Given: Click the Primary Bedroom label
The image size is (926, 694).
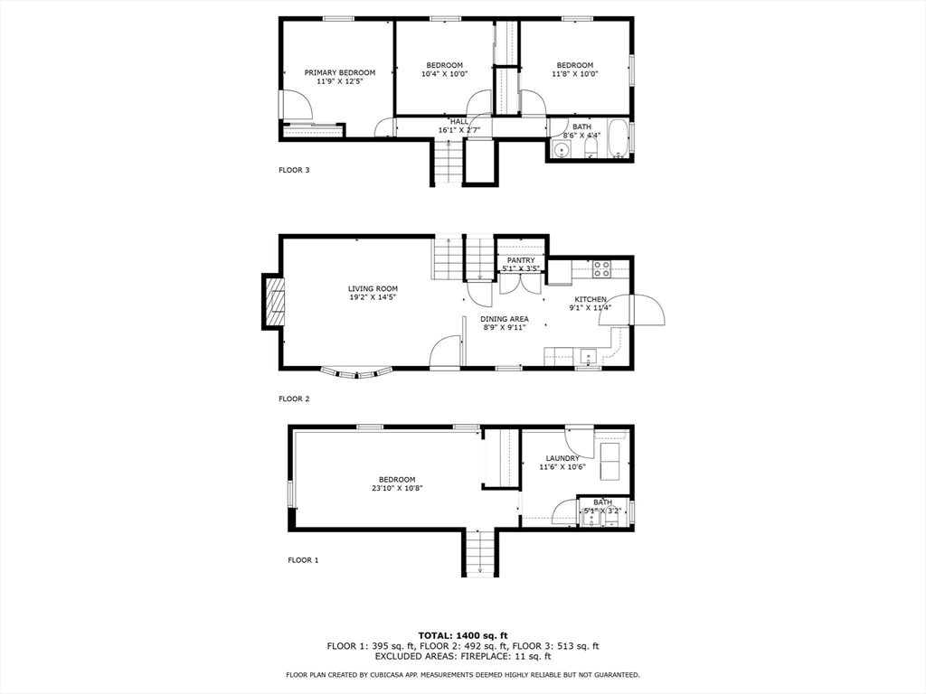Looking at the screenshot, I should point(339,72).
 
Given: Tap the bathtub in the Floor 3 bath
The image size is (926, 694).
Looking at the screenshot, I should point(618,138).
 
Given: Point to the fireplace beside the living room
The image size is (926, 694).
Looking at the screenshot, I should point(273,303).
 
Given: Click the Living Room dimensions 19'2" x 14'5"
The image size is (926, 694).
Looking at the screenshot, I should point(373,296).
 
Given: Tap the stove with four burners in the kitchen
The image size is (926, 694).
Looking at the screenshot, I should point(602,267).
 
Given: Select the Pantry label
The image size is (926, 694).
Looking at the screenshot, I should point(521,260).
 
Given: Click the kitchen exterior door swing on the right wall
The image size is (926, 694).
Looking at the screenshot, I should point(647,310).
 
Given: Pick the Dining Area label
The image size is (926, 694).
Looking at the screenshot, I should point(505,319).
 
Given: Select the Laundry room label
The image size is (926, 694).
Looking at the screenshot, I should point(562,458).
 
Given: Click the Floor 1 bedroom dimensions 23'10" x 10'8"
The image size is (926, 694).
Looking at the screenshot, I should point(397,488).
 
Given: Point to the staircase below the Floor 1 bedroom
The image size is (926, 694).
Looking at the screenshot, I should point(480,552).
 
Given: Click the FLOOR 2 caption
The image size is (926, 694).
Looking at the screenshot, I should point(294,399).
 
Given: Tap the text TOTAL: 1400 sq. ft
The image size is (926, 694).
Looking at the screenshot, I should point(462,634).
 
